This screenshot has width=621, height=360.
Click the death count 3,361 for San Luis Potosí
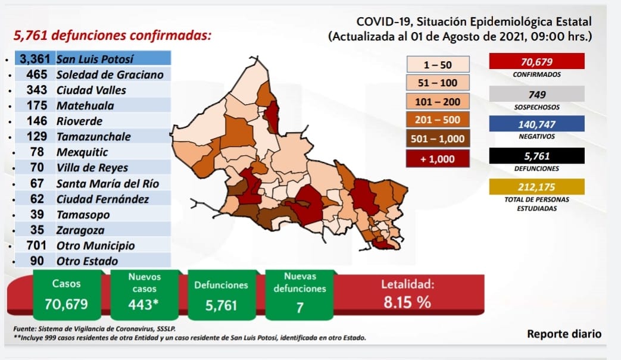pos(35,59)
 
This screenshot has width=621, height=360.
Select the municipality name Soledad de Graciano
pos(110,75)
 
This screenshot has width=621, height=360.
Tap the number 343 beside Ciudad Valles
pos(37,90)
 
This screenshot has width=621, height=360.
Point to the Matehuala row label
pos(85,106)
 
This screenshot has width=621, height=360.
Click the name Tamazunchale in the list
pos(93,137)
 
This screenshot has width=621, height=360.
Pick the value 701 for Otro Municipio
pos(36,245)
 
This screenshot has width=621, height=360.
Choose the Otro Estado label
pos(87,261)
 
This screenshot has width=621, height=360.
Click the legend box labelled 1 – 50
pos(438,64)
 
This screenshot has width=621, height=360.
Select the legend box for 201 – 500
pos(438,120)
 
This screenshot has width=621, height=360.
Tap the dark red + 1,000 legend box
pos(438,159)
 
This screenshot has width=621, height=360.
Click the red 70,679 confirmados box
pos(536,61)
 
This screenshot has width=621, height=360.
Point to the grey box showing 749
pos(536,94)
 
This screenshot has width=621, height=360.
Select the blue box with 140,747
pos(536,124)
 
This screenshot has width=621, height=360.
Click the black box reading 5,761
pos(536,156)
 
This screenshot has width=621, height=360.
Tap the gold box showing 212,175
pos(536,187)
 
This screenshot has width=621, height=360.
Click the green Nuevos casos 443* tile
pos(144,295)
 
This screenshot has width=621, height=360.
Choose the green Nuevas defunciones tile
pos(299,295)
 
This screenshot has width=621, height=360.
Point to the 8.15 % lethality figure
pos(407,303)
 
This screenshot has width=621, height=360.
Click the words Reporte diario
pos(564,334)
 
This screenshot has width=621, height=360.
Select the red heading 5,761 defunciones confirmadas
pos(113,36)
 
